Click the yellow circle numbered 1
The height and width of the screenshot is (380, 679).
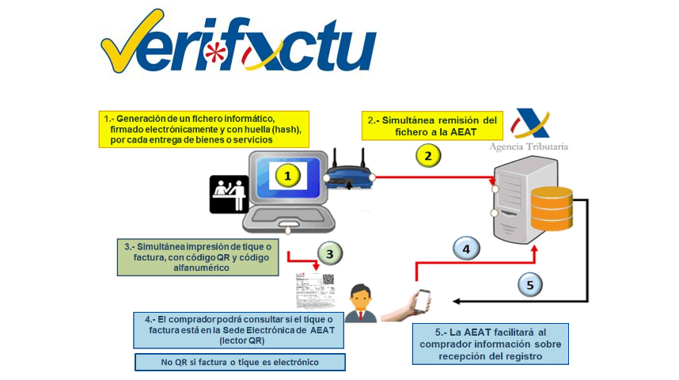point(287,176)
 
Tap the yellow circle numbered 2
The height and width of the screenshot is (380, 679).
point(428,155)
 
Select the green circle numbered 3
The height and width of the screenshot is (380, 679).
point(329,253)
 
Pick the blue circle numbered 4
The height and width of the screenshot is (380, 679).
point(466,249)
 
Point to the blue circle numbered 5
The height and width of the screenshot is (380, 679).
point(530,285)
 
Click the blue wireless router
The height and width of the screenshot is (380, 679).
point(349,170)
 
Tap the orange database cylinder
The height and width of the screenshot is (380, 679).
point(552,208)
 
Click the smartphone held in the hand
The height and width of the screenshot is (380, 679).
point(423,301)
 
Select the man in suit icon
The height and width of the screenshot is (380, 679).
point(360,303)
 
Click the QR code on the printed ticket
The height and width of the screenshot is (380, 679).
point(328,279)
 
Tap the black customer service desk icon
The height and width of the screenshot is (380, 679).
point(229,194)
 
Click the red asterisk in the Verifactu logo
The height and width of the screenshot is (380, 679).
point(215,52)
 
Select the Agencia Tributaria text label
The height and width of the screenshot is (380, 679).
point(529,146)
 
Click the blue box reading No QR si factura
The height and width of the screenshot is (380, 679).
point(240,363)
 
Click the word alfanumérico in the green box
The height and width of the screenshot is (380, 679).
point(201,268)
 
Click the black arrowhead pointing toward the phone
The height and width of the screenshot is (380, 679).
point(456,301)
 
